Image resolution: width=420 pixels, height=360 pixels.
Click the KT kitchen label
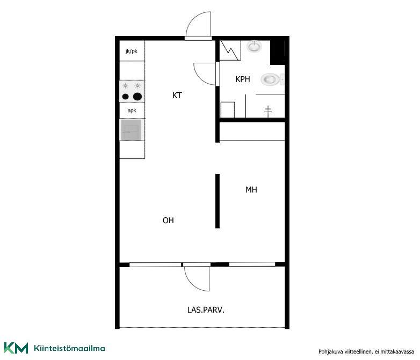click(x=177, y=95)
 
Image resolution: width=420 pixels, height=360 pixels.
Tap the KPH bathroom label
click(x=243, y=79)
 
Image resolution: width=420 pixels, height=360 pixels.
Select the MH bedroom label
click(x=251, y=190)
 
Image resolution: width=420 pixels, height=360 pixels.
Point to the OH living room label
click(x=168, y=221)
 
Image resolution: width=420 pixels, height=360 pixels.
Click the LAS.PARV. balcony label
click(x=206, y=310)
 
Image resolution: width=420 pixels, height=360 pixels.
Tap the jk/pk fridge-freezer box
click(x=132, y=51)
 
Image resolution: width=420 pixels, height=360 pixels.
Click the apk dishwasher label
click(x=132, y=111)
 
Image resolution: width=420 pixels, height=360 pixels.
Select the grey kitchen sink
click(x=131, y=130)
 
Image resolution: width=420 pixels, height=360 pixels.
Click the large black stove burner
click(x=137, y=97)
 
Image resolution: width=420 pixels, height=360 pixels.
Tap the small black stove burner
click(x=125, y=97)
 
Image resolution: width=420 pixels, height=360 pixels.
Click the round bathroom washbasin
click(x=254, y=47)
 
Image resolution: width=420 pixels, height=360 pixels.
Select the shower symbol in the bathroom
click(x=268, y=111)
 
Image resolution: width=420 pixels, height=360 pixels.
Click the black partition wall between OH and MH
click(x=218, y=201)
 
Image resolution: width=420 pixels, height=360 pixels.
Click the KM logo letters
click(x=16, y=348)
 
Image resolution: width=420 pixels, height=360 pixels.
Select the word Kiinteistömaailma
click(x=69, y=348)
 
